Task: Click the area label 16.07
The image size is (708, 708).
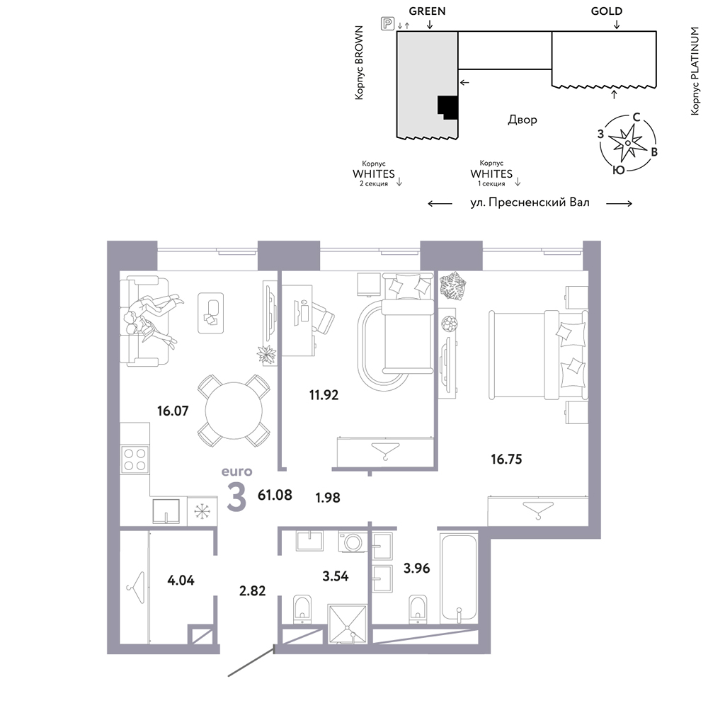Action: (x=173, y=411)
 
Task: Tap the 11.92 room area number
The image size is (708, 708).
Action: (x=324, y=395)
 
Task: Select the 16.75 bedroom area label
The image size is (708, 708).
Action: (x=506, y=459)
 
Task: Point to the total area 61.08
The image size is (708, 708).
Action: (x=275, y=495)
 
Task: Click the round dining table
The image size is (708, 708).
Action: (x=234, y=411)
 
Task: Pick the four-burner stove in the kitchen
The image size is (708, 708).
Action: (x=135, y=459)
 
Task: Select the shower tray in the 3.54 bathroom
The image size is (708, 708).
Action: (x=347, y=623)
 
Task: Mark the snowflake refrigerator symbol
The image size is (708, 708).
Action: (x=202, y=511)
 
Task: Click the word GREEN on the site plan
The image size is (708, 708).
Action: (x=427, y=11)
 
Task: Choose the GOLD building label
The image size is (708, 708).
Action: (x=607, y=11)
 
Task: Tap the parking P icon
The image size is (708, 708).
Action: (x=388, y=23)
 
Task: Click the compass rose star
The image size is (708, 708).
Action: (x=627, y=143)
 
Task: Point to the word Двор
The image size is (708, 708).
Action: (x=523, y=120)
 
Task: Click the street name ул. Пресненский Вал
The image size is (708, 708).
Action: (x=530, y=202)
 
